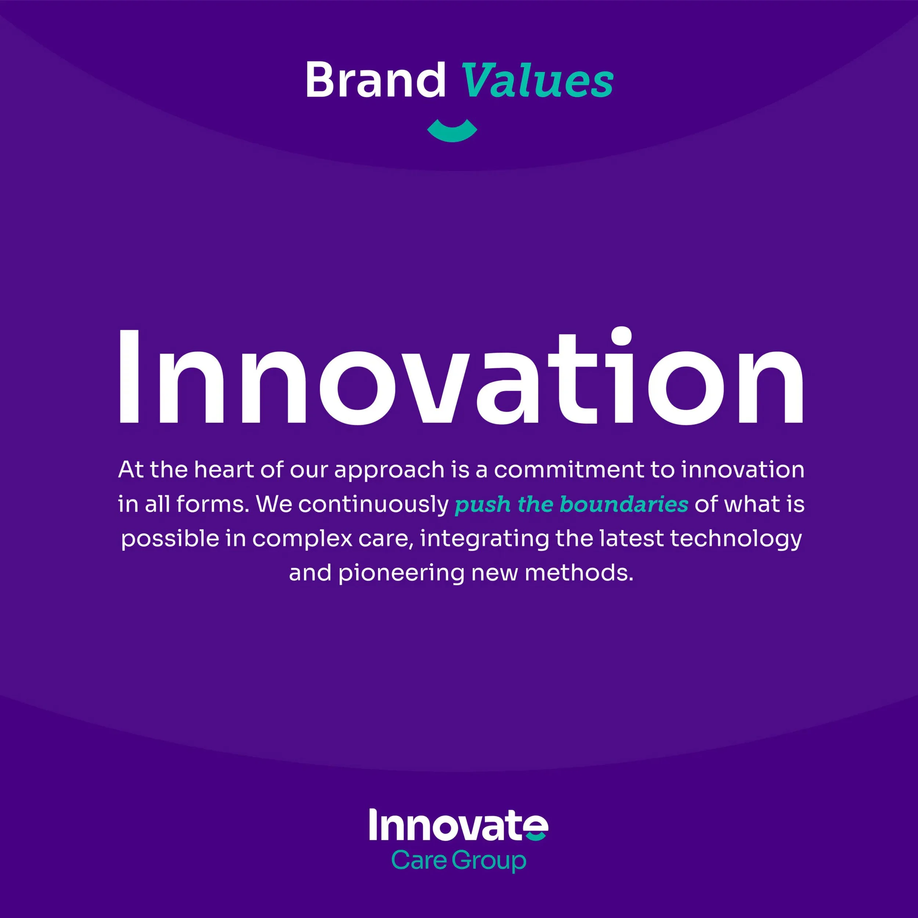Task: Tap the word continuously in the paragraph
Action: point(373,505)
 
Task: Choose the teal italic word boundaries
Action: point(624,504)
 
